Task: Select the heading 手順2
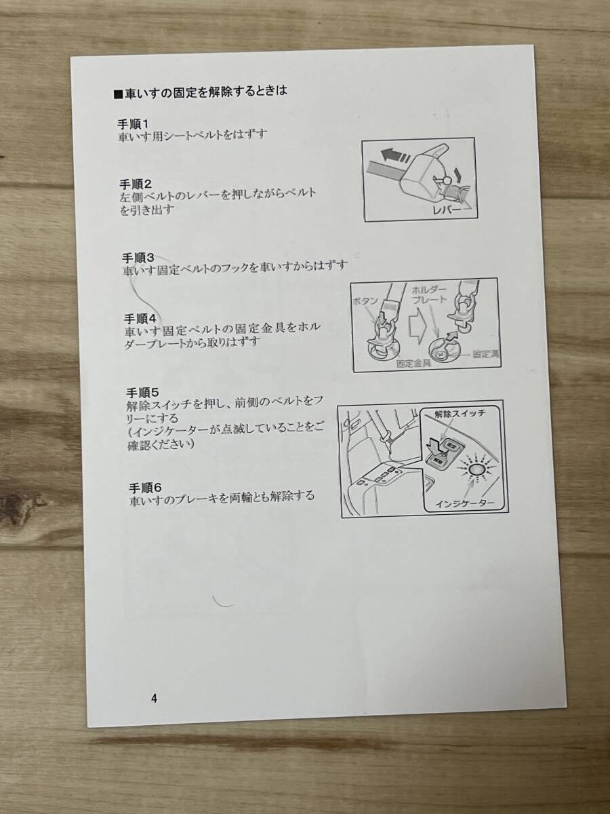[138, 184]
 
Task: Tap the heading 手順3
[139, 257]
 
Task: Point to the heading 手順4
[140, 318]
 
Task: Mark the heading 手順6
[144, 487]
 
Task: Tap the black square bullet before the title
[119, 94]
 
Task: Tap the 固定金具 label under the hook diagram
[413, 364]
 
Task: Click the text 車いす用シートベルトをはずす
[192, 136]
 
